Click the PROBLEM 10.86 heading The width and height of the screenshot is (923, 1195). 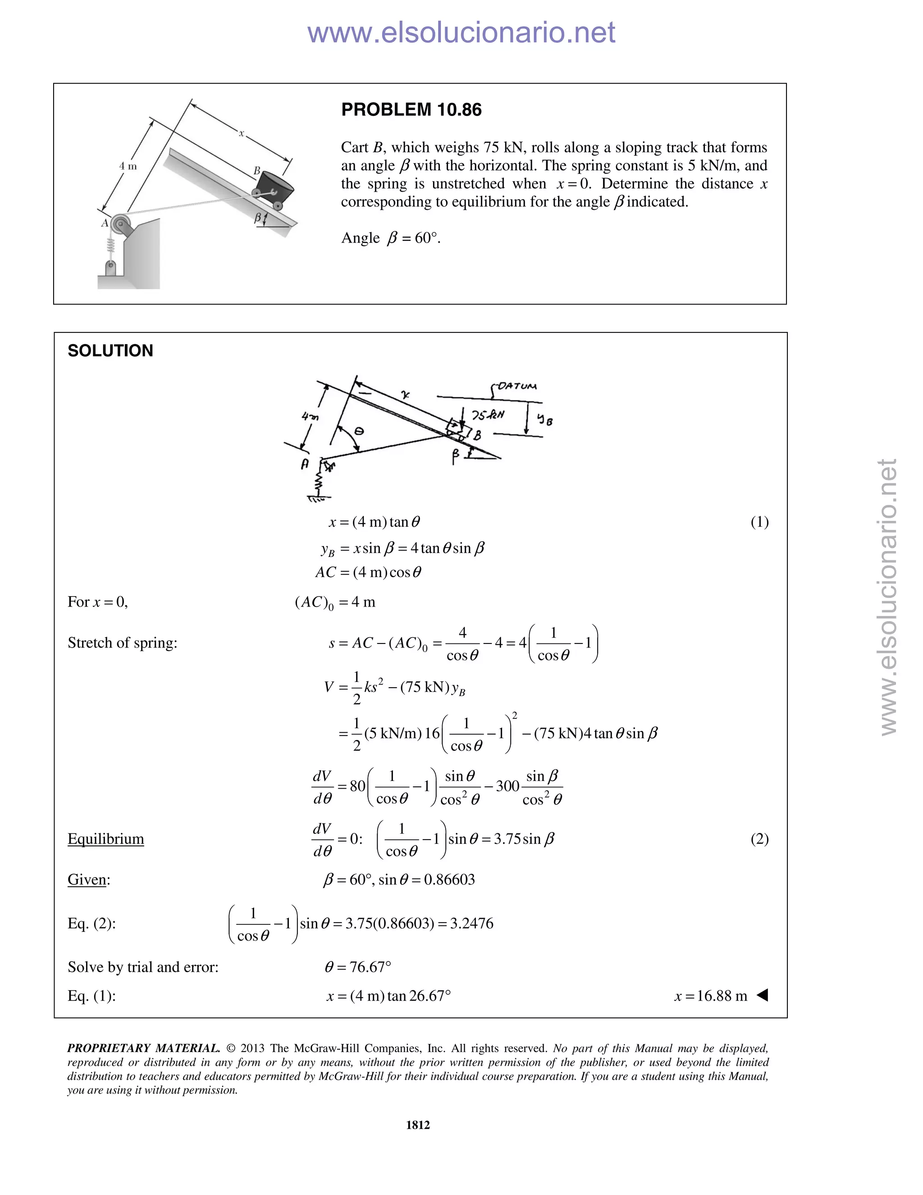point(411,110)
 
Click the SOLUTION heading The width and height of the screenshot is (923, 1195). point(110,351)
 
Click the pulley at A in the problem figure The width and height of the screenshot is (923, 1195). point(120,224)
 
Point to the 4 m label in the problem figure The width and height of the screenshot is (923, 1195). point(128,166)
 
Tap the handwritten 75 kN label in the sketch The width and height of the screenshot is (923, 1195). point(487,415)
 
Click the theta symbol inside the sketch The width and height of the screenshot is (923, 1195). point(359,431)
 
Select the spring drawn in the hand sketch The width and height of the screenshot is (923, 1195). point(318,483)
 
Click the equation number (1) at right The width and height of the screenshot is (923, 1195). point(759,522)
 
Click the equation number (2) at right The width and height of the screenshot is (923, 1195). point(759,839)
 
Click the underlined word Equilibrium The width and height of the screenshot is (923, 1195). point(105,839)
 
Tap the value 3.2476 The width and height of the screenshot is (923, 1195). point(471,923)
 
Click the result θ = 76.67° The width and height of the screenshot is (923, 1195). point(358,967)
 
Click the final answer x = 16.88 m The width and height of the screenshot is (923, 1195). point(710,995)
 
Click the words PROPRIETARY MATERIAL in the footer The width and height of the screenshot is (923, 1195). point(143,1048)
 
